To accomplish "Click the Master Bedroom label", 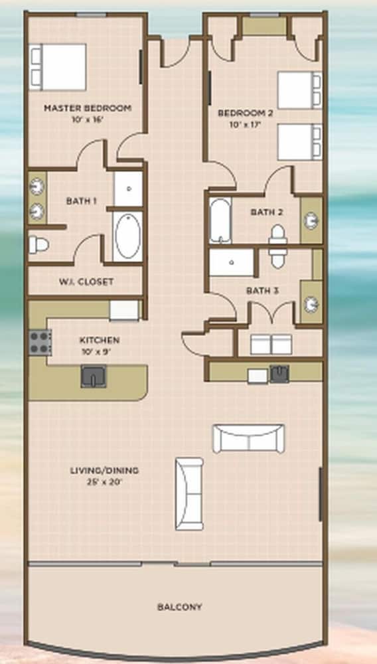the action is pos(88,108).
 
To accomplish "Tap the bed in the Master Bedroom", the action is pos(58,67).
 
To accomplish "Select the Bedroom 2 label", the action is pos(246,113).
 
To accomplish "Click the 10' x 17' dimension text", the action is pos(246,125).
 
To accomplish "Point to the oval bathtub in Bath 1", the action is pos(128,236).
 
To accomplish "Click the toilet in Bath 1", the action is pos(38,245).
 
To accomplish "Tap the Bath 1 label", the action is pos(81,201).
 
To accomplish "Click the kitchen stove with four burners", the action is pos(40,342).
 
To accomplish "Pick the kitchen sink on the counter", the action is pos(94,376).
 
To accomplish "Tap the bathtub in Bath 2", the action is pos(220,220).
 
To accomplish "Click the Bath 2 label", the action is pos(267,212).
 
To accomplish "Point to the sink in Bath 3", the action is pos(311,304).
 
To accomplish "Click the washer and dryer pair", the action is pos(271,344).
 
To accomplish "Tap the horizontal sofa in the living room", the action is pos(248,439).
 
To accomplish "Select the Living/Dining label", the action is pos(104,471).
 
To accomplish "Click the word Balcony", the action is pos(179,608).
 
